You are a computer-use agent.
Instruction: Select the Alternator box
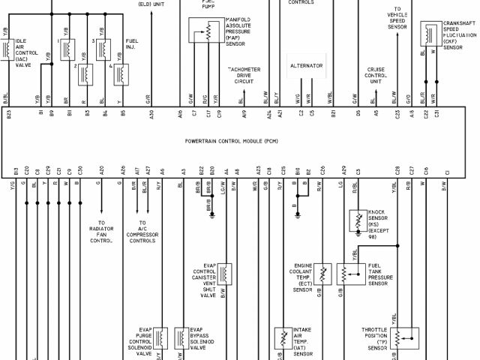click(306, 67)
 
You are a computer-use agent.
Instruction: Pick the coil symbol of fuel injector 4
click(119, 73)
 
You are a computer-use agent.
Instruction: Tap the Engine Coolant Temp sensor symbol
click(323, 271)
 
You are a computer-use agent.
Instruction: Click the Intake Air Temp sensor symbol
click(283, 337)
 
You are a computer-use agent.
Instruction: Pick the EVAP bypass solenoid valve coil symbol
click(181, 337)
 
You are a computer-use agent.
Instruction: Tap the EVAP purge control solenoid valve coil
click(159, 337)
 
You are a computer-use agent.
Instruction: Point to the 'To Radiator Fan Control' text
click(101, 232)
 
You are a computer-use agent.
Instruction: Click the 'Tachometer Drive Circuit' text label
click(244, 75)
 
